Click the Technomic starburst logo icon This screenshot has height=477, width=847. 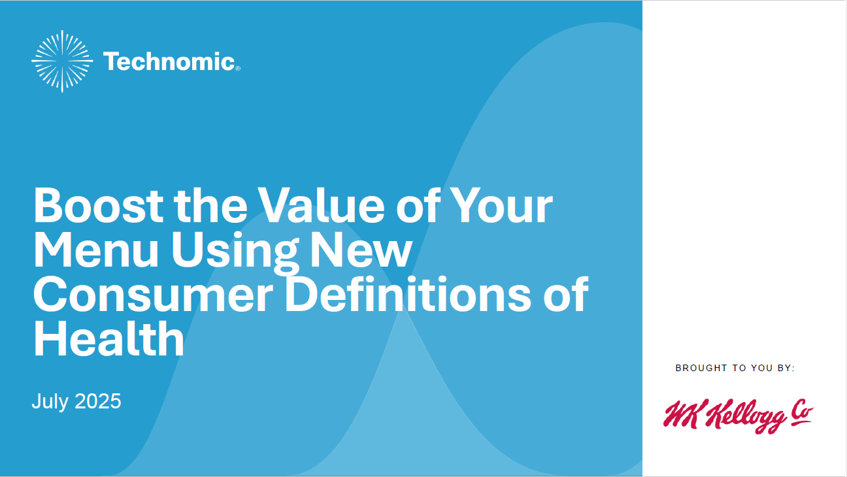tap(62, 61)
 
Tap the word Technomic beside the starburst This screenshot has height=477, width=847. tap(169, 61)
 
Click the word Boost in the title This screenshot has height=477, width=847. tap(98, 206)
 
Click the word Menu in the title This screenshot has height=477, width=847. tap(96, 250)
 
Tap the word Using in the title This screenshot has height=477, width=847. tap(235, 252)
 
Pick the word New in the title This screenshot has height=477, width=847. tap(361, 250)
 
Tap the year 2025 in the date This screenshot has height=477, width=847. tap(98, 401)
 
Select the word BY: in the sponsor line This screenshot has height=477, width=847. tap(786, 368)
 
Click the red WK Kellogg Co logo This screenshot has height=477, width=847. tap(739, 416)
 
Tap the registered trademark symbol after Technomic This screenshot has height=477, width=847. tap(238, 69)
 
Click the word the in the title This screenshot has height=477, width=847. tap(210, 206)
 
